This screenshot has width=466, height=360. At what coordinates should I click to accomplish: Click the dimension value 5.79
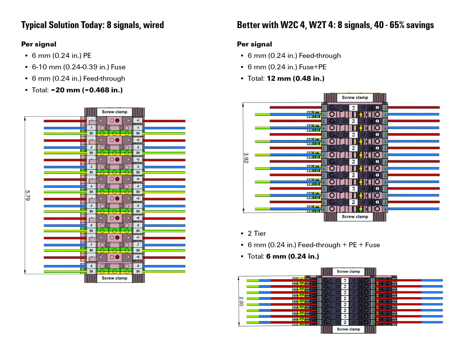coord(28,195)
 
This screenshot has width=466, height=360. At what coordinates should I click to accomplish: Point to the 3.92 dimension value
coord(246,158)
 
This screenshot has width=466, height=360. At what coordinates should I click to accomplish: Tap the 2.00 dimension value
coord(241,301)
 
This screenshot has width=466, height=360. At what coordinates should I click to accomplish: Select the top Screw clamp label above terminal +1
coord(114,112)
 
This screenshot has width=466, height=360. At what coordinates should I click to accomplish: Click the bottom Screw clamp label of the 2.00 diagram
coord(348,329)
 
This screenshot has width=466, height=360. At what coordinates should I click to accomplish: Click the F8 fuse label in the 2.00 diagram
coord(345,322)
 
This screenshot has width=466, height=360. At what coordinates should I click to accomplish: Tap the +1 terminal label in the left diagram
coord(138,120)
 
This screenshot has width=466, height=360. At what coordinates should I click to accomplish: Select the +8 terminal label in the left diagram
coord(138,257)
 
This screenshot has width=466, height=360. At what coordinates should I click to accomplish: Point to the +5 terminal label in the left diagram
coord(138,198)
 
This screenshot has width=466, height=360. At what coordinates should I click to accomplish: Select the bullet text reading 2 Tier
coord(257,233)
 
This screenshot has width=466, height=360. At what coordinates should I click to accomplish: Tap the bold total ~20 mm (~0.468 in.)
coord(87,90)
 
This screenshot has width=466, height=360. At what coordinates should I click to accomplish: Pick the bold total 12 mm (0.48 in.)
coord(295,79)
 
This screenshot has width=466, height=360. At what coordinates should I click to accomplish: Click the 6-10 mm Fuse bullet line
coord(79,67)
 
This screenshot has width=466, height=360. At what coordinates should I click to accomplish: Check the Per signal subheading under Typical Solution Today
coord(39,44)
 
